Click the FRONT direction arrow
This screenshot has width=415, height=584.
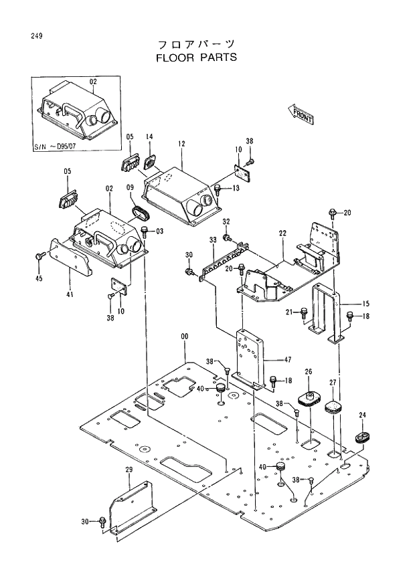click(x=301, y=113)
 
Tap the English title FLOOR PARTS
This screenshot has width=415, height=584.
click(x=195, y=58)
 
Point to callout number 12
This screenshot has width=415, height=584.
click(x=181, y=144)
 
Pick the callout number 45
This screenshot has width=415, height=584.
click(x=39, y=278)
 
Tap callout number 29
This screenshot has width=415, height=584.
click(x=129, y=470)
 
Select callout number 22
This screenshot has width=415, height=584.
click(x=282, y=233)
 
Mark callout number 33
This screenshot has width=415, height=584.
click(x=213, y=239)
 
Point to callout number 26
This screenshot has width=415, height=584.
click(x=309, y=372)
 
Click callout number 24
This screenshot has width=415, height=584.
click(x=362, y=415)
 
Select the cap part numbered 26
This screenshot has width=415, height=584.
click(x=309, y=398)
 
